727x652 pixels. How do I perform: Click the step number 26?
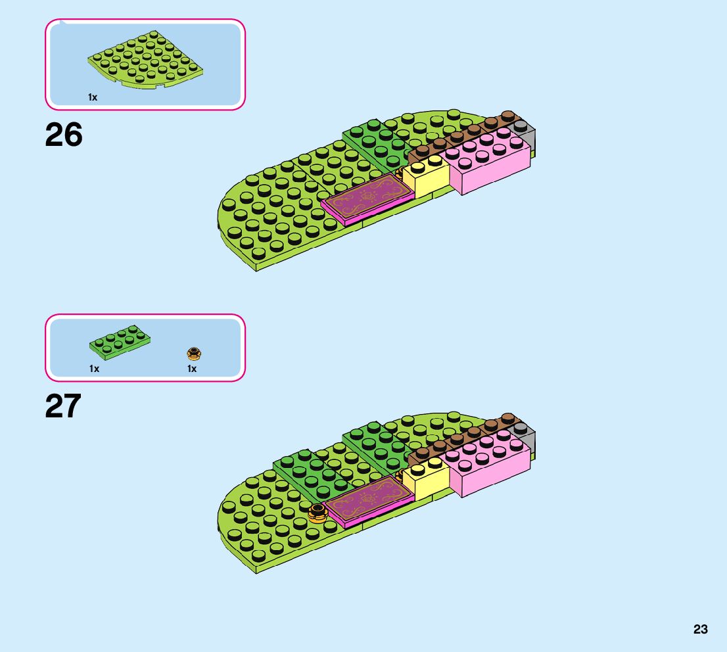pos(64,135)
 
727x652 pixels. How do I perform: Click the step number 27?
pos(63,406)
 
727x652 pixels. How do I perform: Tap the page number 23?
pos(700,629)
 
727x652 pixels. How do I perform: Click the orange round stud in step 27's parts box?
pos(193,354)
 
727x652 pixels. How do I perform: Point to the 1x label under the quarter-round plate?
pos(93,97)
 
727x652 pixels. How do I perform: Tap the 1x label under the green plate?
pos(94,369)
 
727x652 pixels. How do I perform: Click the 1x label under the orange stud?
pos(192,369)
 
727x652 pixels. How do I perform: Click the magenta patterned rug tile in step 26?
pos(368,199)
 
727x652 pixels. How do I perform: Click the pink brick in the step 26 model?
pos(490,164)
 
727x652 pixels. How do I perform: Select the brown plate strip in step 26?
pos(460,139)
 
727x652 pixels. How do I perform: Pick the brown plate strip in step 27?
pos(460,438)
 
